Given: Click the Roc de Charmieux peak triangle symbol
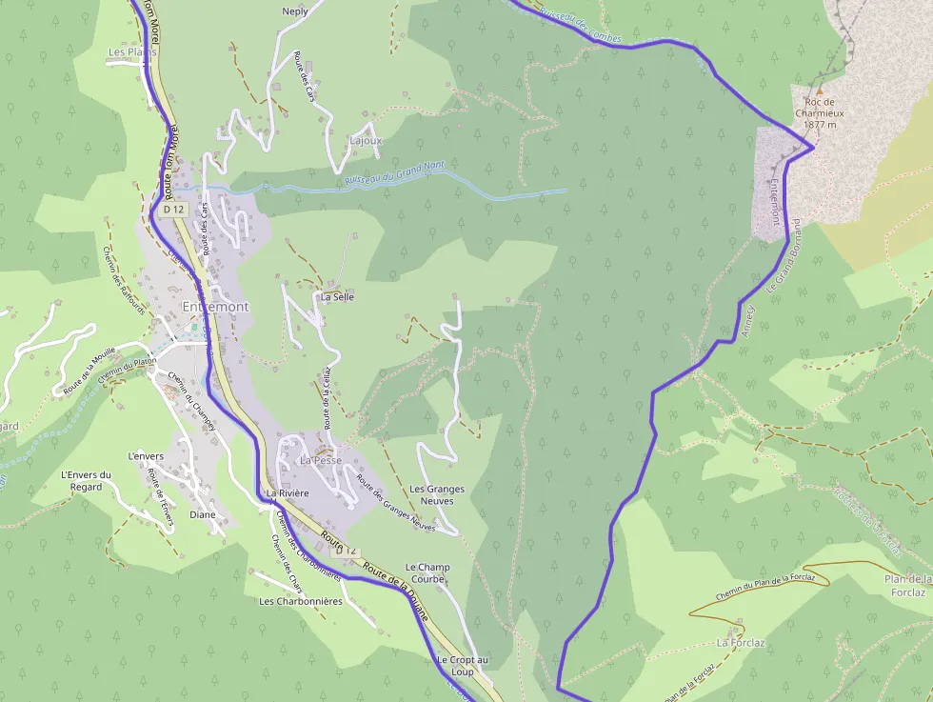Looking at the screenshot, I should tap(818, 90).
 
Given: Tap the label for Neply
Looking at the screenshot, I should tap(295, 12).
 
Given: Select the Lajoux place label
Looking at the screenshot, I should tap(366, 140).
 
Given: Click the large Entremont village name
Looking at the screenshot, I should tap(215, 307).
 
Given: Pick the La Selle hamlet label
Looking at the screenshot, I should tap(337, 296).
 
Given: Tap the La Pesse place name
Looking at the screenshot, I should tap(321, 460).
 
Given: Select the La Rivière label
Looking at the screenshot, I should tap(288, 493).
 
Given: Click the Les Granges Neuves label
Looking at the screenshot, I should tap(437, 494).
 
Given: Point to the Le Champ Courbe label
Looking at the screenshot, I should tap(427, 573).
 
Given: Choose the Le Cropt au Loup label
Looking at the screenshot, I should tap(462, 666).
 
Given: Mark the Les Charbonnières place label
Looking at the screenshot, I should tap(300, 601).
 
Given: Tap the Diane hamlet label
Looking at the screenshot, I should tap(203, 514).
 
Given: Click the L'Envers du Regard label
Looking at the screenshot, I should tap(86, 481).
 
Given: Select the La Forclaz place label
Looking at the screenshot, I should tap(741, 642).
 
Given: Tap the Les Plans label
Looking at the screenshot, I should tap(131, 52).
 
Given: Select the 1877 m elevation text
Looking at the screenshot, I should tap(819, 124).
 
